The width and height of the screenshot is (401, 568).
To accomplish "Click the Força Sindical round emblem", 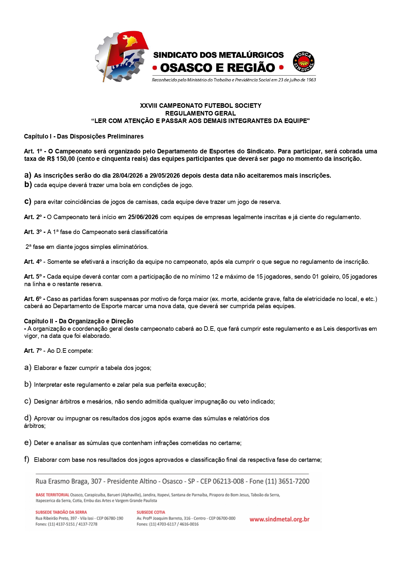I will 304,61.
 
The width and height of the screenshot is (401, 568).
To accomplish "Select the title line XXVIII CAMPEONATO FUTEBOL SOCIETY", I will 200,106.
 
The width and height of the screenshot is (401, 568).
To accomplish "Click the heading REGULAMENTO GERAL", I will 200,113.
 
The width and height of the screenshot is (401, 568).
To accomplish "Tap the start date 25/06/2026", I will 143,217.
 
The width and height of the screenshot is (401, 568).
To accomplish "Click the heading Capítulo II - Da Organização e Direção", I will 79,321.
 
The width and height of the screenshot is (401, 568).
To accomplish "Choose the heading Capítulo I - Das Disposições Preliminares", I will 84,137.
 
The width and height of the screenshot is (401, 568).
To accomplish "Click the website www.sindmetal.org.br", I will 279,519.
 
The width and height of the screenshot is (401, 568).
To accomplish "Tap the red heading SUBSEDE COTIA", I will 151,512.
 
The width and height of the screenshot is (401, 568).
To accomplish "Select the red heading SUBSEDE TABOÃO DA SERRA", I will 61,512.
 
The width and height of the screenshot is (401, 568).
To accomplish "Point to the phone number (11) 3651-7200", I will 287,481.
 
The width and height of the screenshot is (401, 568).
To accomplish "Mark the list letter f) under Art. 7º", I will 27,460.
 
